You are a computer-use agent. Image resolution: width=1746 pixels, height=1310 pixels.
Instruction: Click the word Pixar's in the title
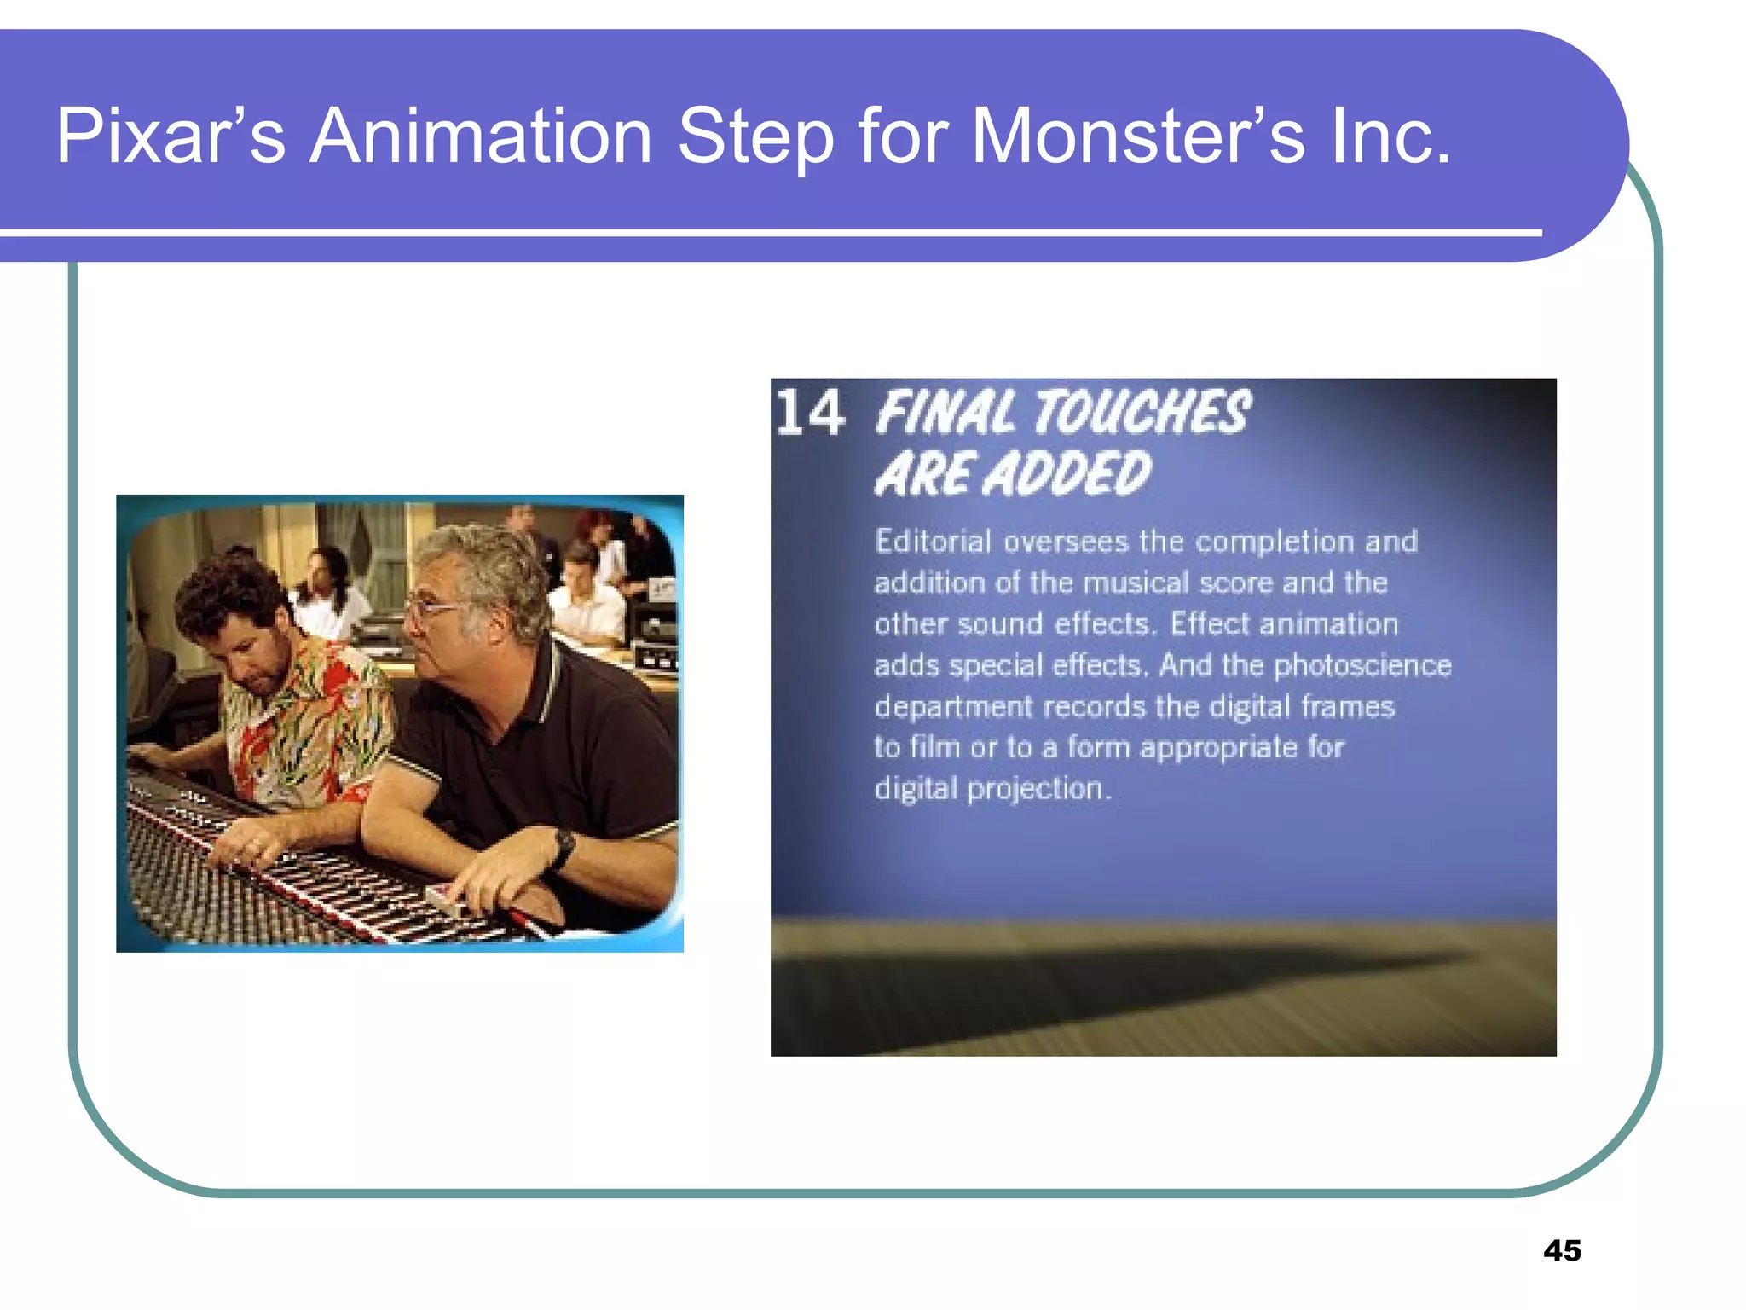point(171,136)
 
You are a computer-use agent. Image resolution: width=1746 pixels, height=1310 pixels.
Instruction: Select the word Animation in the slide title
point(481,136)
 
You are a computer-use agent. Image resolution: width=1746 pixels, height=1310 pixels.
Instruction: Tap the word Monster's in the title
point(1138,136)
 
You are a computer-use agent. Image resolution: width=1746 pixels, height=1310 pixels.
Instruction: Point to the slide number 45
point(1562,1250)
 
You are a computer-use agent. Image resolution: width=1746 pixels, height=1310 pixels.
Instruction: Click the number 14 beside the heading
point(810,413)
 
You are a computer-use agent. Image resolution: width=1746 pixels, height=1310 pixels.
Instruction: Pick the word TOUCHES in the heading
point(1142,413)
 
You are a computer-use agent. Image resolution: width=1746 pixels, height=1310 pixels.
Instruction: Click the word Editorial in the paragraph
point(933,542)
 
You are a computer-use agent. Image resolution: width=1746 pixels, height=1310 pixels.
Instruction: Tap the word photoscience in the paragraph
point(1362,665)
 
